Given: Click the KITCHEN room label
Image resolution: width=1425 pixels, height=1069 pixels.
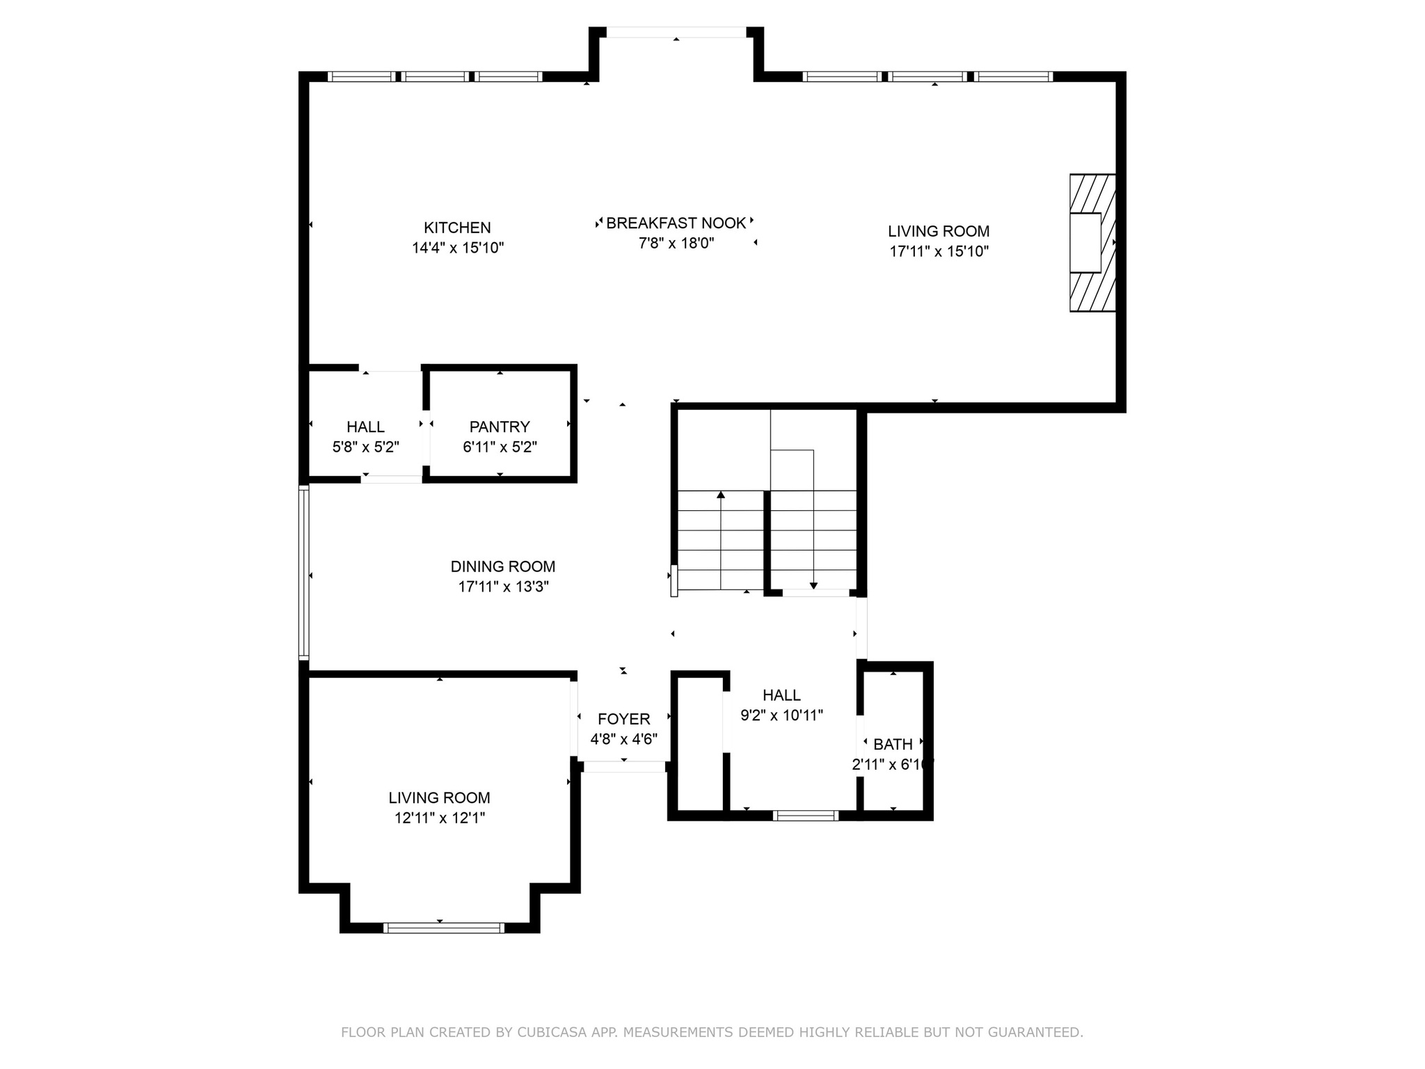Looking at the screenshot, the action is tap(457, 228).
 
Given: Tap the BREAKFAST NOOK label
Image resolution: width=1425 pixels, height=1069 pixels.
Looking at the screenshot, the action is tap(676, 223).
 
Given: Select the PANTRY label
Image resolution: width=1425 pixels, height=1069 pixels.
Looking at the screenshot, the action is tap(500, 427).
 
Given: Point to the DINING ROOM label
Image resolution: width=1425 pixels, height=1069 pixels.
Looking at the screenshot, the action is tap(503, 567).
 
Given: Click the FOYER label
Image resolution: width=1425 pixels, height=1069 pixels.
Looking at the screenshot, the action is tap(624, 719).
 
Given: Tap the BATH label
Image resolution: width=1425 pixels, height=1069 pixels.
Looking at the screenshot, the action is tap(893, 745).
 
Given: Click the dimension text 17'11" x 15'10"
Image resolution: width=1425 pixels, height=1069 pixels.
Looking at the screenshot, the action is tap(939, 251).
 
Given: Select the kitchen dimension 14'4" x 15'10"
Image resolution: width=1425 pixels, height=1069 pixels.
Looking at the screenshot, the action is tap(458, 248).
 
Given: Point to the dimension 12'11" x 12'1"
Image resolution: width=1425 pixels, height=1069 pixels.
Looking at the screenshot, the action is tap(440, 818).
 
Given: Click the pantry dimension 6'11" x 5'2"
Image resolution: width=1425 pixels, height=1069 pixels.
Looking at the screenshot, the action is tap(500, 447).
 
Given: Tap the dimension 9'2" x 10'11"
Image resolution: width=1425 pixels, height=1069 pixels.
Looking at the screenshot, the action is tap(782, 715).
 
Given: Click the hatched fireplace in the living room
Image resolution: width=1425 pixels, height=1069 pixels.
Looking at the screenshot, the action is tap(1093, 243).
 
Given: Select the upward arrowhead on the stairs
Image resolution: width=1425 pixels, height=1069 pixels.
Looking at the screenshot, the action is tap(721, 495).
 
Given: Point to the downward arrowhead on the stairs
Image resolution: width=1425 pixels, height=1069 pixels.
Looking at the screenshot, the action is tap(813, 586).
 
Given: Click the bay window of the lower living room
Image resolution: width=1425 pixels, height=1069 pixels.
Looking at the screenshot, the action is tap(444, 927).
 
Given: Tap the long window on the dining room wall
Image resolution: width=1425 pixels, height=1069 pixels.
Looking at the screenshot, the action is tap(303, 572).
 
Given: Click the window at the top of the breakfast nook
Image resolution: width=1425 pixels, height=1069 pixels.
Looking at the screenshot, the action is tap(676, 32).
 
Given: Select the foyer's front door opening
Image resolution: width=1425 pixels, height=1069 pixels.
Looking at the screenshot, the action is tap(624, 767).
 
